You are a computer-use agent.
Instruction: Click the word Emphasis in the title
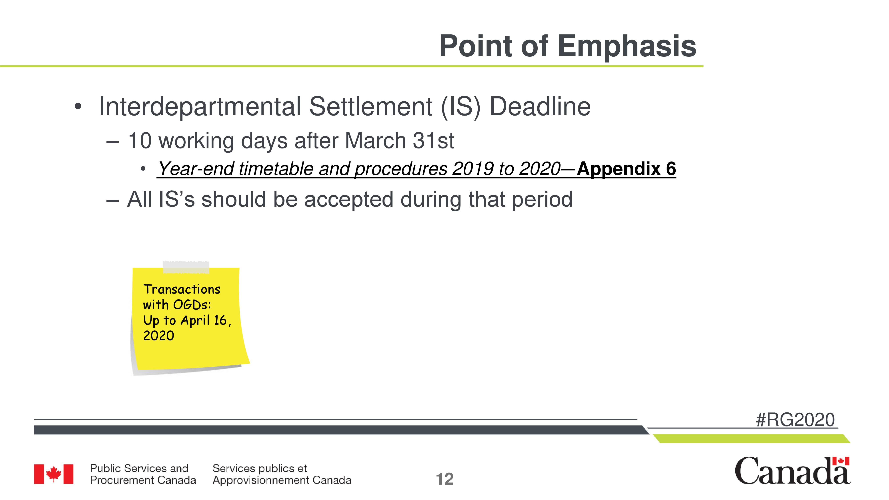point(627,47)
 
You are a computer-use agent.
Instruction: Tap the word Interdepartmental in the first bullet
point(200,107)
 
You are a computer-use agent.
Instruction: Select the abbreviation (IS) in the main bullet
point(460,107)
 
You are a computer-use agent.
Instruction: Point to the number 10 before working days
point(140,141)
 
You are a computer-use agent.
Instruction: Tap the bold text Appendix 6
point(626,169)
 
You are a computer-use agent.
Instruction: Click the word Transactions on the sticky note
point(182,289)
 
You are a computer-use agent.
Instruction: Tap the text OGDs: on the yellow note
point(192,305)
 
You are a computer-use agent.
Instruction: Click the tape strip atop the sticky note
point(186,267)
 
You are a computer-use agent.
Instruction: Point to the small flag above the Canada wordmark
point(841,461)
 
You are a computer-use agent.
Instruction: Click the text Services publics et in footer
point(260,468)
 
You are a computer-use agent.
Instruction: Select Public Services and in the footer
point(139,468)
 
